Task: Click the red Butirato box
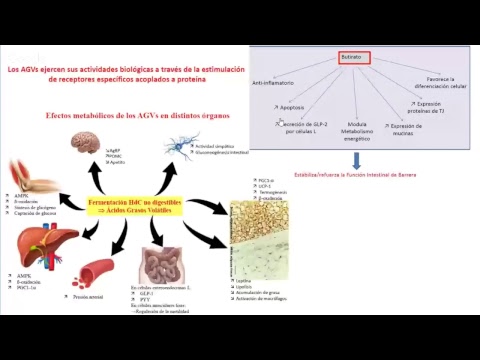[352, 58]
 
